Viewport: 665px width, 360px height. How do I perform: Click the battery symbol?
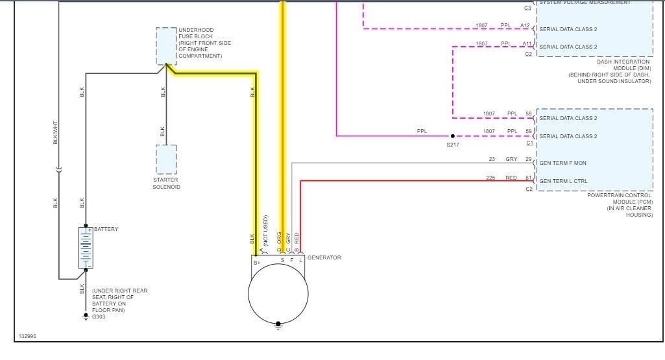(x=86, y=247)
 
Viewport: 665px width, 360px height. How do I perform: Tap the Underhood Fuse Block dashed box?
(x=166, y=46)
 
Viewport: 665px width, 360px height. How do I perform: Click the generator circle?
(x=278, y=293)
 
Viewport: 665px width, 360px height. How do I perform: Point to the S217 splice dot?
(x=452, y=136)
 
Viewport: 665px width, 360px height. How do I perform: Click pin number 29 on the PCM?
(x=529, y=159)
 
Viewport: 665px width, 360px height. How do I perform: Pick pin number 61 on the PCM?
(x=529, y=178)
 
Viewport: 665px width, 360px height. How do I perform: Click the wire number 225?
(x=491, y=178)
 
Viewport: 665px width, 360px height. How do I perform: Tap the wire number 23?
(x=492, y=159)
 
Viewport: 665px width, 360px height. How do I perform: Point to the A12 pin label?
(x=526, y=26)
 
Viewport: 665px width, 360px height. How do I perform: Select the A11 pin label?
(x=526, y=43)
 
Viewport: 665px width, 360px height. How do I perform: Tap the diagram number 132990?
(x=29, y=337)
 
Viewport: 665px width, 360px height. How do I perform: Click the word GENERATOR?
(x=324, y=258)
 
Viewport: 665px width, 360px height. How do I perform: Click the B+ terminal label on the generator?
(x=257, y=262)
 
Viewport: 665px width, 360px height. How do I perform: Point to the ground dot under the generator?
(x=278, y=322)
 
